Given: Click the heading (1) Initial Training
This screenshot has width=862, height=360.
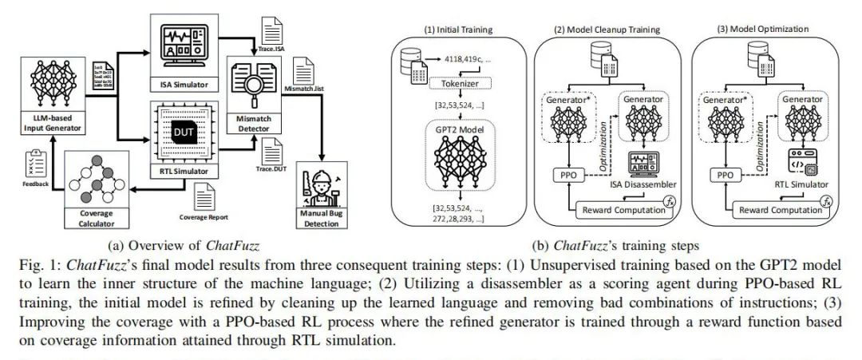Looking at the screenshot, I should point(458,29).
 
